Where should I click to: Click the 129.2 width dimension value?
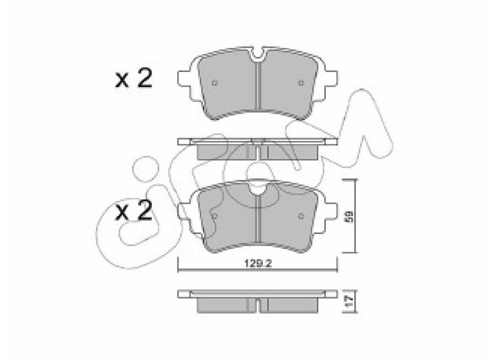pyautogui.click(x=258, y=264)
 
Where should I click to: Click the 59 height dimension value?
pyautogui.click(x=350, y=217)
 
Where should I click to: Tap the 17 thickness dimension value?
pyautogui.click(x=350, y=301)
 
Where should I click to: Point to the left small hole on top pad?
pyautogui.click(x=215, y=83)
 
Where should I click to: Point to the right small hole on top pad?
pyautogui.click(x=301, y=83)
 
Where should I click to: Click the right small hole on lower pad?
pyautogui.click(x=301, y=217)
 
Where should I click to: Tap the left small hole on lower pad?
pyautogui.click(x=215, y=216)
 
